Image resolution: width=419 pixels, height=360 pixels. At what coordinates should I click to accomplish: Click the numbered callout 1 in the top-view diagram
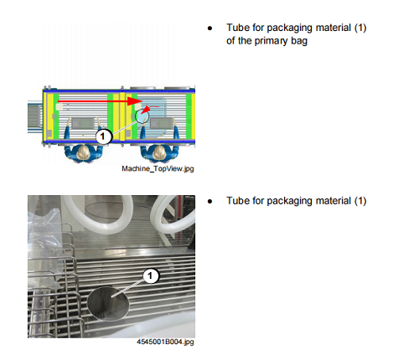coord(103,136)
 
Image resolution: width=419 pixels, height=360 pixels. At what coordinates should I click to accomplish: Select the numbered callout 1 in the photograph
coord(151,275)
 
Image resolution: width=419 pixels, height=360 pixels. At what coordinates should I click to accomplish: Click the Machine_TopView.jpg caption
coord(158,168)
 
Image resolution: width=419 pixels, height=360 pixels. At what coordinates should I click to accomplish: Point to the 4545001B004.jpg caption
coord(165,342)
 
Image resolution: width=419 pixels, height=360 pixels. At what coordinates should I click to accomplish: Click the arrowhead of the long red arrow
coord(134,101)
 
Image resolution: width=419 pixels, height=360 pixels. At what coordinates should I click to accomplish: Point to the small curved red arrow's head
coord(144,111)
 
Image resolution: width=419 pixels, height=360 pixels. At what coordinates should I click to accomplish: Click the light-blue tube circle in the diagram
coord(142,116)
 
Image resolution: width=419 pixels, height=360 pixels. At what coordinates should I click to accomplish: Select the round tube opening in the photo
coord(108,304)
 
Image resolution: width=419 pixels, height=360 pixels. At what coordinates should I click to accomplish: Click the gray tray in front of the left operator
coord(82,123)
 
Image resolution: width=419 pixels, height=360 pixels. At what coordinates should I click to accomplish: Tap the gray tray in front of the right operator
coord(162,123)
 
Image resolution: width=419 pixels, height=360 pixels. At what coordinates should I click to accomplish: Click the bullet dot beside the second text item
coord(209,202)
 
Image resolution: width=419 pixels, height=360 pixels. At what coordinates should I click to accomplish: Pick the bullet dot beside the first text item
coord(209,28)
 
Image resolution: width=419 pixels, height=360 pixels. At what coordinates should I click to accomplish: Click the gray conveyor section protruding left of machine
coord(34,116)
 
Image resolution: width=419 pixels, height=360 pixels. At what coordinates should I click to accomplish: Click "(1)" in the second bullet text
coord(360,201)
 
